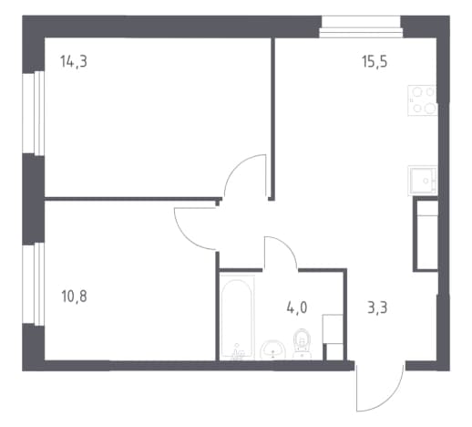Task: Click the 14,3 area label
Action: point(74,62)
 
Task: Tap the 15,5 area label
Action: point(375,62)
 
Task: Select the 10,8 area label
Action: point(74,297)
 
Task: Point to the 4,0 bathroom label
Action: point(297,307)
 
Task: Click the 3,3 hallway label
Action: point(377,308)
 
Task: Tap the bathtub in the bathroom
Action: point(237,318)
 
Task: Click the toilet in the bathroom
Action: point(303,344)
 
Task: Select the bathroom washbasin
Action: point(272,350)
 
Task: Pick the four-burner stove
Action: point(423,100)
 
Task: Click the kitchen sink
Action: point(423,180)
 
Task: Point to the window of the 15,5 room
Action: point(362,26)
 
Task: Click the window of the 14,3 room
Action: point(34,113)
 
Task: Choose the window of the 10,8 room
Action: point(34,284)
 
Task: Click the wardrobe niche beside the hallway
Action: point(426,234)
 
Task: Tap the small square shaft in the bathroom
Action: point(333,352)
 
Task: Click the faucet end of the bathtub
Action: point(237,352)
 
